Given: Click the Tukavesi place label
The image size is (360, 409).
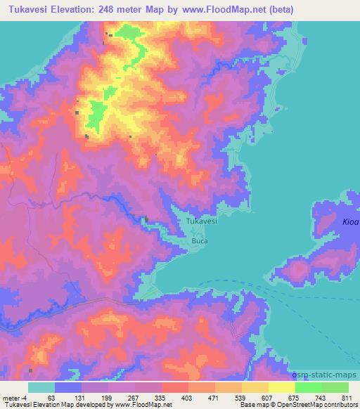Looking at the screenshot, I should [x=202, y=221].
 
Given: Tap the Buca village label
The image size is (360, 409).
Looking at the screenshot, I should [x=200, y=240].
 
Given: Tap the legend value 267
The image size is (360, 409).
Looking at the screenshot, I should [x=134, y=398].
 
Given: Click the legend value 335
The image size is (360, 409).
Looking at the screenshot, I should [x=160, y=398].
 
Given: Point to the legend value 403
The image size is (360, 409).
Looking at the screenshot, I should [x=187, y=398].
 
